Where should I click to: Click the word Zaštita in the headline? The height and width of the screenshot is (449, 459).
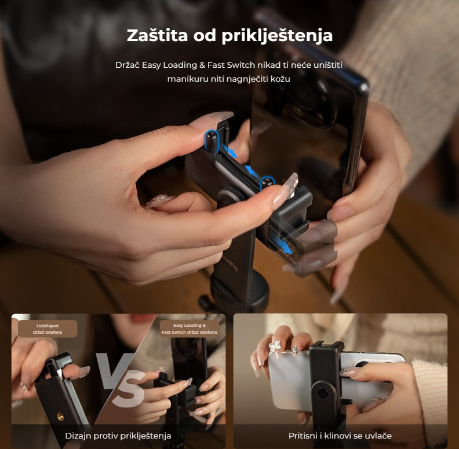pyautogui.click(x=157, y=35)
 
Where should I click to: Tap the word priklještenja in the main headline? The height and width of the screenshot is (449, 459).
pyautogui.click(x=277, y=36)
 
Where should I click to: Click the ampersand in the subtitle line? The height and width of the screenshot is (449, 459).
pyautogui.click(x=202, y=65)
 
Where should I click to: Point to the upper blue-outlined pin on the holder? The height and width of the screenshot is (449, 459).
pyautogui.click(x=212, y=143)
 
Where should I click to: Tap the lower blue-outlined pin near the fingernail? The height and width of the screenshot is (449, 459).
pyautogui.click(x=267, y=182)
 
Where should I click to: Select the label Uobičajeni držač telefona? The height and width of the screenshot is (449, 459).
pyautogui.click(x=48, y=328)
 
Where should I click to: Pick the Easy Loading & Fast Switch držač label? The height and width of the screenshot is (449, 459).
pyautogui.click(x=190, y=328)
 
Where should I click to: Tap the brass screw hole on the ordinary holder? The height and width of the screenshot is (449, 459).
pyautogui.click(x=61, y=416)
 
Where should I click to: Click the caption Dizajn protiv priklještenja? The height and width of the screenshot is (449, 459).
pyautogui.click(x=118, y=436)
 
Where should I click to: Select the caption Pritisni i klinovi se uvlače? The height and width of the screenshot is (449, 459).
pyautogui.click(x=340, y=436)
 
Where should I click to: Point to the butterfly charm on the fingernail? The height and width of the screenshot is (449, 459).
pyautogui.click(x=275, y=346)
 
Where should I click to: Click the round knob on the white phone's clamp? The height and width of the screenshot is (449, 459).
pyautogui.click(x=322, y=393)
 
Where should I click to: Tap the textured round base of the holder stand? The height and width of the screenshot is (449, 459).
pyautogui.click(x=239, y=293)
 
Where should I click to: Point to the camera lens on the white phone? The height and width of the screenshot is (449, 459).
pyautogui.click(x=362, y=363)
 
